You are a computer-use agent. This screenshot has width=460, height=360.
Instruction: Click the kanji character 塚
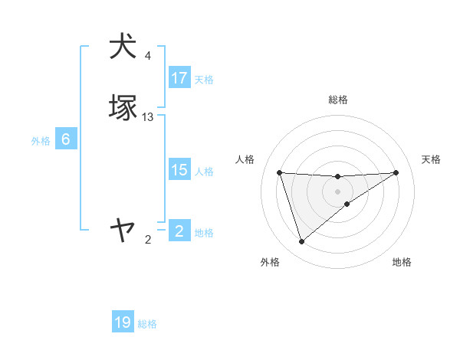click(x=123, y=107)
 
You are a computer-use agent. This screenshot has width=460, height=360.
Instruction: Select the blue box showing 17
click(x=179, y=78)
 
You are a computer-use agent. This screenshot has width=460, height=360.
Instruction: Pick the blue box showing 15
click(x=179, y=170)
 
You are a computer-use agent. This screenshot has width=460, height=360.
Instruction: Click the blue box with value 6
click(x=66, y=139)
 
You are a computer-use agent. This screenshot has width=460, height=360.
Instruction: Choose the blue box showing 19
click(x=123, y=323)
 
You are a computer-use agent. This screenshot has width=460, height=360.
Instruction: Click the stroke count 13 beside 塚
click(x=148, y=116)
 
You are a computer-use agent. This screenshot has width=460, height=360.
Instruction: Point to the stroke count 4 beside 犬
click(x=148, y=55)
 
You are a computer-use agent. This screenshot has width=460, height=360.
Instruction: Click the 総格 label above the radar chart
click(x=338, y=100)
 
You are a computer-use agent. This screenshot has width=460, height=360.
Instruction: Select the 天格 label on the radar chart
click(x=431, y=159)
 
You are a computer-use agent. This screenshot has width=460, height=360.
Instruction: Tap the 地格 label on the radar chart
click(x=402, y=262)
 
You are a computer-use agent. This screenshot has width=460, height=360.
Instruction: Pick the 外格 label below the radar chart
click(x=270, y=262)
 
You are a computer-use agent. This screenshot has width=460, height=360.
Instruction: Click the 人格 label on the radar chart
click(x=245, y=159)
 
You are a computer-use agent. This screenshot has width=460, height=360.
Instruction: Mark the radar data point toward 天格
click(x=396, y=172)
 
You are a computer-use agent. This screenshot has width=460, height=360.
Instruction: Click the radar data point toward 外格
click(x=301, y=242)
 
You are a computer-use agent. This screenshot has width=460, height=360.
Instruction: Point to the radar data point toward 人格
click(x=280, y=172)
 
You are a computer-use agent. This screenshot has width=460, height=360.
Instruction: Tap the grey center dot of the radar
click(x=338, y=191)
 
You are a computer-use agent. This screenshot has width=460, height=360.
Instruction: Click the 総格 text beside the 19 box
click(x=147, y=324)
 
